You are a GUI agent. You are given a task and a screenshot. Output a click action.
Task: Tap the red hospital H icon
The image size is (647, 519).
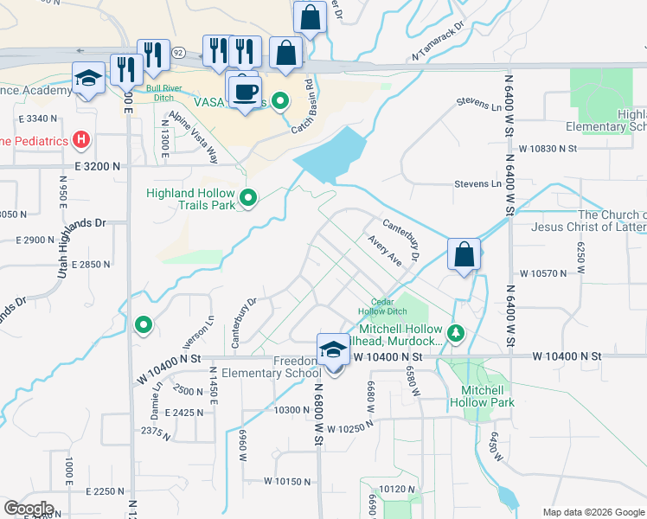pos(80,138)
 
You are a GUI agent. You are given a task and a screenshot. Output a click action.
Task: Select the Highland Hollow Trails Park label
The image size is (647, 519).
pos(192,199)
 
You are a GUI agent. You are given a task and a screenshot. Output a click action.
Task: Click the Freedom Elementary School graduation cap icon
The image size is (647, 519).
pos(332,349)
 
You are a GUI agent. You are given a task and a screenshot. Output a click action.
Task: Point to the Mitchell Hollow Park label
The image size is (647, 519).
pos(482,396)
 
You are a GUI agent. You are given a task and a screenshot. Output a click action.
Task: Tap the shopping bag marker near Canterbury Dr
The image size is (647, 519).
pos(464,254)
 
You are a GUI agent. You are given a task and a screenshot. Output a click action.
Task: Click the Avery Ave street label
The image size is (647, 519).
pos(384,251)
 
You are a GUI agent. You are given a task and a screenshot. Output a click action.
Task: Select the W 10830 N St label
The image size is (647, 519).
pos(548,149)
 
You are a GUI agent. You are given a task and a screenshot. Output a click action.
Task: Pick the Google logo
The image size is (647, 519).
pos(29,508)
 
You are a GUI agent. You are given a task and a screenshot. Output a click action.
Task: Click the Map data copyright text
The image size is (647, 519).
pos(593,511)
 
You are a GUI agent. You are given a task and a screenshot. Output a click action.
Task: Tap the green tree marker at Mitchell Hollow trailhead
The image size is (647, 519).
pos(456,331)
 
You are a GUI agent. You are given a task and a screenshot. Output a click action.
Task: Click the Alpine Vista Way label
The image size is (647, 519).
pos(195,136)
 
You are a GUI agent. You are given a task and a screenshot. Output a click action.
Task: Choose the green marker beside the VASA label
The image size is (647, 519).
pos(279,102)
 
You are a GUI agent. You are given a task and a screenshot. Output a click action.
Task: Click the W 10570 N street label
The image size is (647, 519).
pos(542,273)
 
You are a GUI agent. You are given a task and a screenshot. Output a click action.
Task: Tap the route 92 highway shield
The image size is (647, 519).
pos(178,52)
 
